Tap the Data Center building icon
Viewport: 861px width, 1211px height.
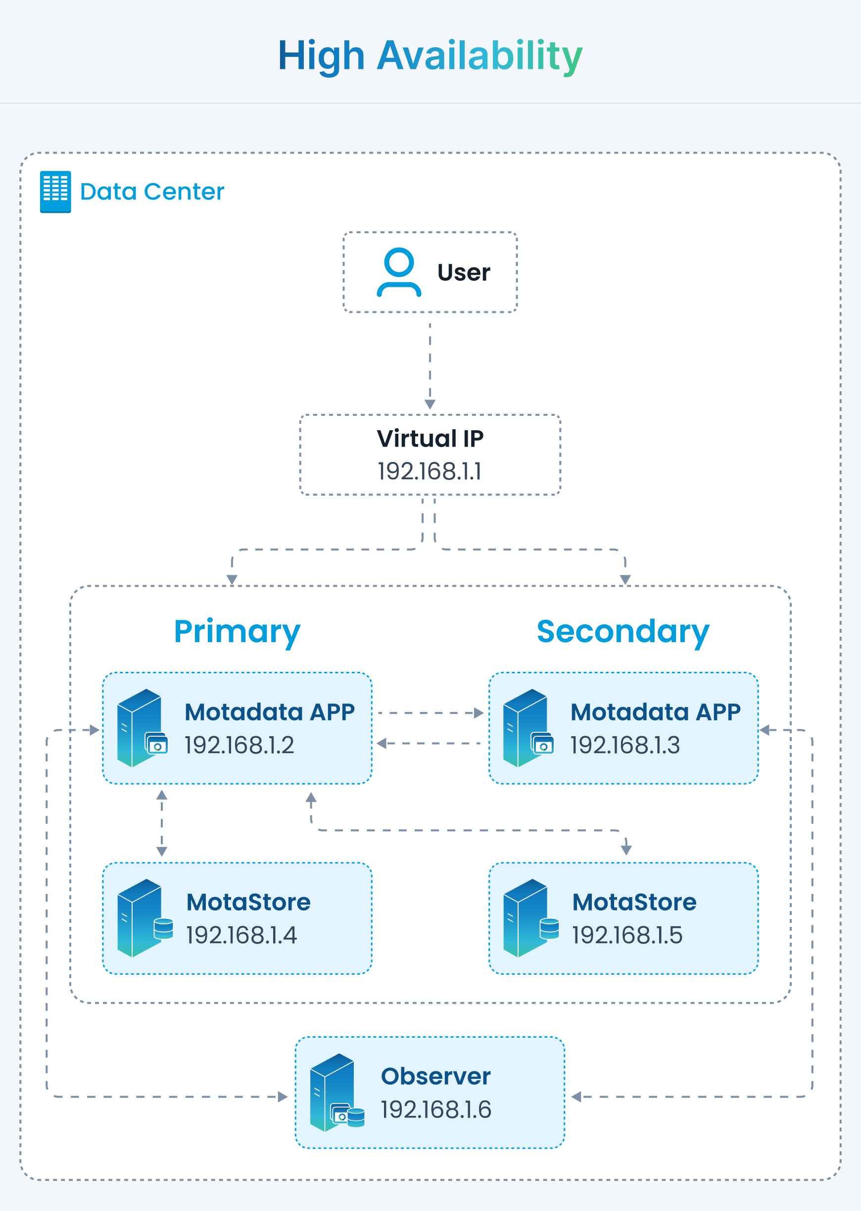click(55, 192)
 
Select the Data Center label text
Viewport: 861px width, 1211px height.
click(152, 192)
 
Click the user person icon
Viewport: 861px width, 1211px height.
click(399, 272)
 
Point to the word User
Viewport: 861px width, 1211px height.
click(464, 273)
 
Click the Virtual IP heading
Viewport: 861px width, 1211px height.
click(430, 439)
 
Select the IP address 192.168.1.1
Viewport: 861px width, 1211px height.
click(430, 471)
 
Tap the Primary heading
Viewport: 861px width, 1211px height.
click(237, 632)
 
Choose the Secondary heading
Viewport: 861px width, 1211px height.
click(623, 632)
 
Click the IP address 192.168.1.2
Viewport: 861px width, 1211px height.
click(239, 745)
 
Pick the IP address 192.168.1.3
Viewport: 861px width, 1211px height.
click(625, 745)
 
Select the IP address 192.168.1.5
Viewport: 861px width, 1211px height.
click(627, 935)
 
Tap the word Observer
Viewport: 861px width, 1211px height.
click(436, 1076)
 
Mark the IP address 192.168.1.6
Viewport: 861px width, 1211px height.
click(436, 1110)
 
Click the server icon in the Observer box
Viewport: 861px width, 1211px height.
click(337, 1093)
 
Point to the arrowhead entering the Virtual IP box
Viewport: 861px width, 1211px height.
click(430, 404)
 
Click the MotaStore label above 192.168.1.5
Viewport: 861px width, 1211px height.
click(634, 902)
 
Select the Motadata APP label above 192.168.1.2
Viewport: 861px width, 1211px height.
click(270, 712)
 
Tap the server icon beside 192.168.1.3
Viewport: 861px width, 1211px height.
click(528, 728)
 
